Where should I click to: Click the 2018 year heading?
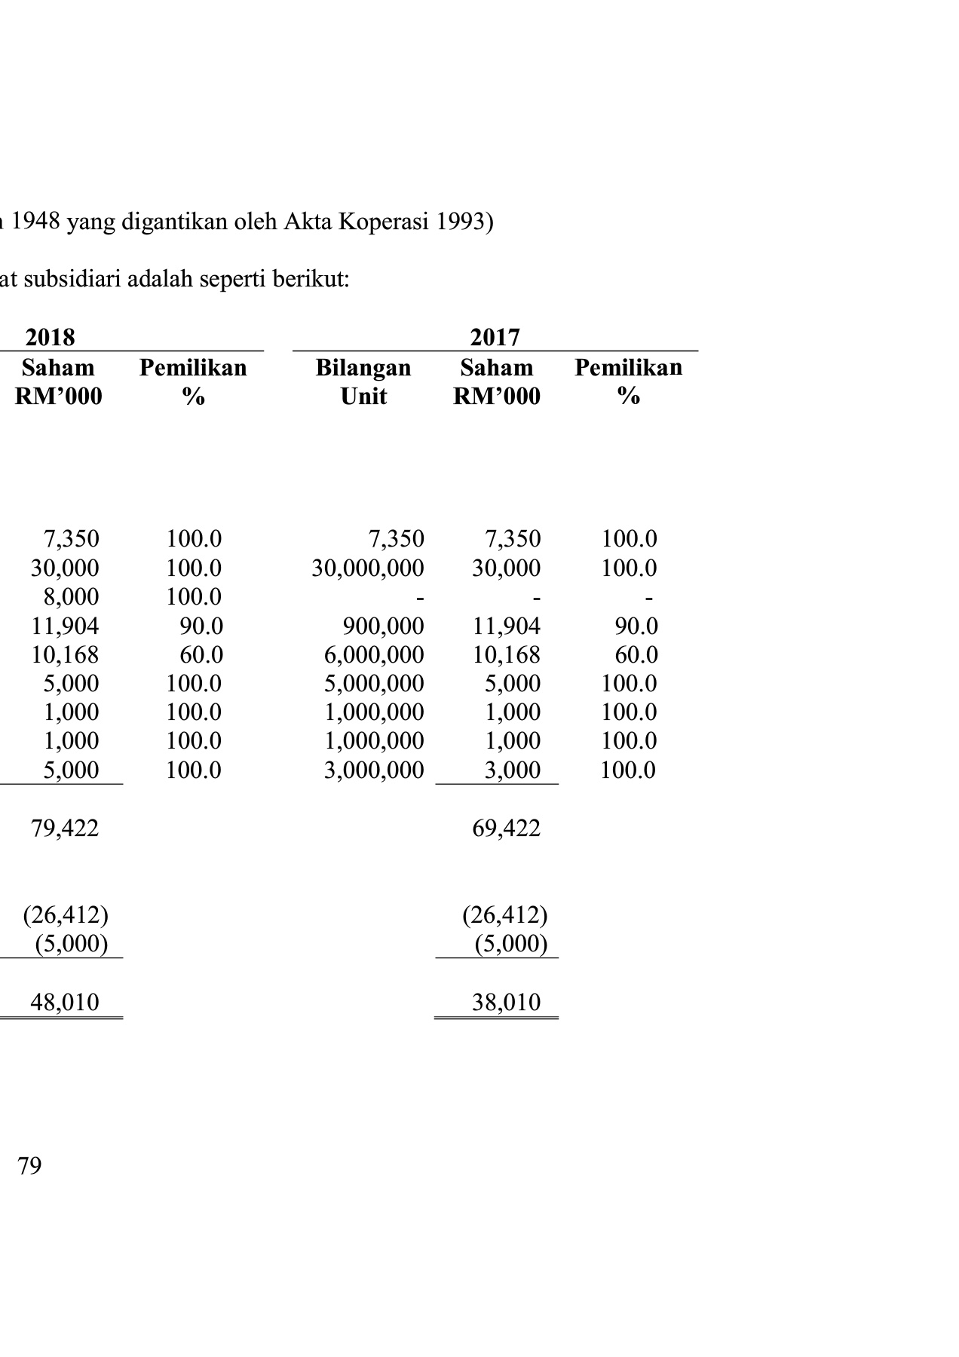pos(51,336)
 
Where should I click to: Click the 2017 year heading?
pos(495,336)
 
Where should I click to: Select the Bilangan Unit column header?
pos(363,381)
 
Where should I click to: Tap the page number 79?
pos(29,1166)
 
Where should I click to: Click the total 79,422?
pos(65,829)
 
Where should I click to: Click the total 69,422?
pos(506,829)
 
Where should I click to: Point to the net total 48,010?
pos(65,1002)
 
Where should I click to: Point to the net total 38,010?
pos(506,1002)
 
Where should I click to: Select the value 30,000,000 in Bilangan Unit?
pos(368,568)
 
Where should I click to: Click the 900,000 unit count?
pos(383,626)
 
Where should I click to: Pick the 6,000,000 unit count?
pos(374,654)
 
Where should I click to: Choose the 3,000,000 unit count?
pos(374,770)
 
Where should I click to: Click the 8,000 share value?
pos(71,596)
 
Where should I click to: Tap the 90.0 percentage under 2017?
pos(636,626)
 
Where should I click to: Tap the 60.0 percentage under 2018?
pos(201,654)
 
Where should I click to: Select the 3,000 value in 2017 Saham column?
pos(513,770)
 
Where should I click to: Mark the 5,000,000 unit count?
pos(374,683)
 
